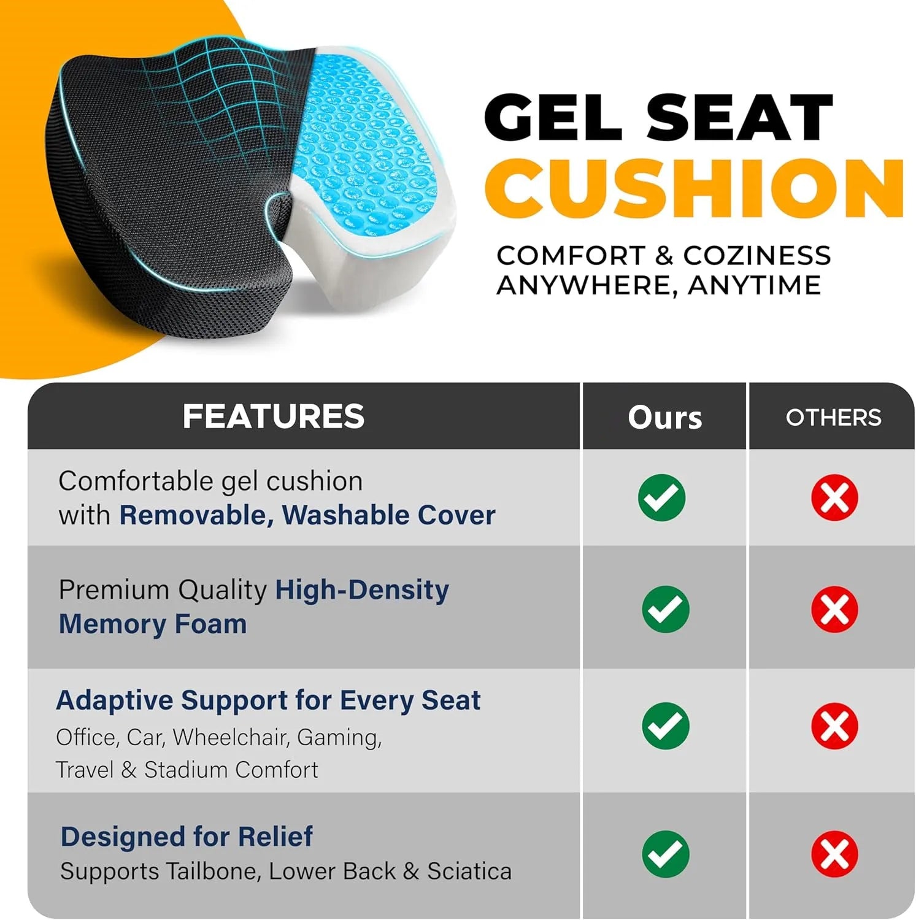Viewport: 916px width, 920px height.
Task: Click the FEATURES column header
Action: tap(274, 416)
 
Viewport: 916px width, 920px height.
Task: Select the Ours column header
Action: tap(664, 418)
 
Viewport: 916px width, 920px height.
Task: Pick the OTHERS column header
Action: tap(833, 418)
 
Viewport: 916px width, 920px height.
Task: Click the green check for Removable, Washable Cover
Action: tap(661, 497)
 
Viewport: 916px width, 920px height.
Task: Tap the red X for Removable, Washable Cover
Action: tap(834, 497)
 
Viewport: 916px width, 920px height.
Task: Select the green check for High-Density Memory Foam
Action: tap(665, 609)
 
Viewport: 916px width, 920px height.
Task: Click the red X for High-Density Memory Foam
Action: tap(834, 609)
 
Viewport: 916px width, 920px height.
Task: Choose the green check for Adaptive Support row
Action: tap(665, 726)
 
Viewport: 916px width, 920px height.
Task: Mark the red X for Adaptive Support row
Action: tap(834, 726)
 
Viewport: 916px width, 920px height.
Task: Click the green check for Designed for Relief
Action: tap(665, 854)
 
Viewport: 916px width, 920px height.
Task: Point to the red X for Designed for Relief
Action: tap(834, 854)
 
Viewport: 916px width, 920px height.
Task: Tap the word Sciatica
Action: tap(469, 871)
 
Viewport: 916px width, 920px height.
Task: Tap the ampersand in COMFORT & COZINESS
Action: tap(664, 256)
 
